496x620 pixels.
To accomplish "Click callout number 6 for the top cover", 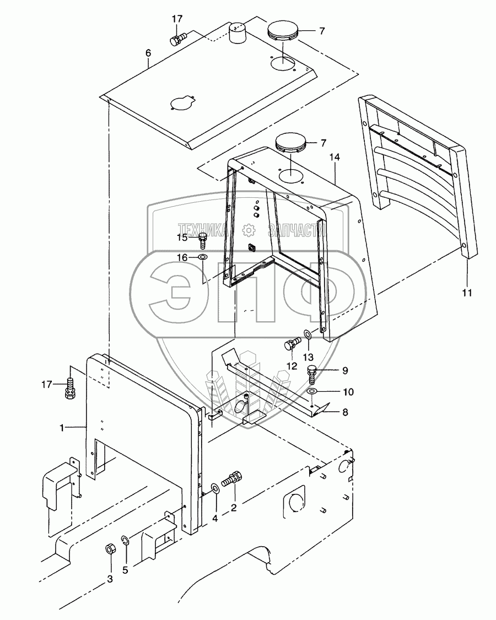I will [148, 53].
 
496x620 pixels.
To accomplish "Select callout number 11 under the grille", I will [467, 293].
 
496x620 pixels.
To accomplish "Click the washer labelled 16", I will [203, 257].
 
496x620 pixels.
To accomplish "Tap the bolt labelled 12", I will [290, 347].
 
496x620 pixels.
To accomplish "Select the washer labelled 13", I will [306, 334].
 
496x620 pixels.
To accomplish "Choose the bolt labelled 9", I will [312, 371].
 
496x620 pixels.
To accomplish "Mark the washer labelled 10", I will [312, 391].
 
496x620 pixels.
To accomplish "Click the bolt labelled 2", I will [231, 478].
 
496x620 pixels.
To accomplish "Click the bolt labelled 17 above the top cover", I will [177, 39].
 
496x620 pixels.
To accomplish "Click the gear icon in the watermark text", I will [250, 228].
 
